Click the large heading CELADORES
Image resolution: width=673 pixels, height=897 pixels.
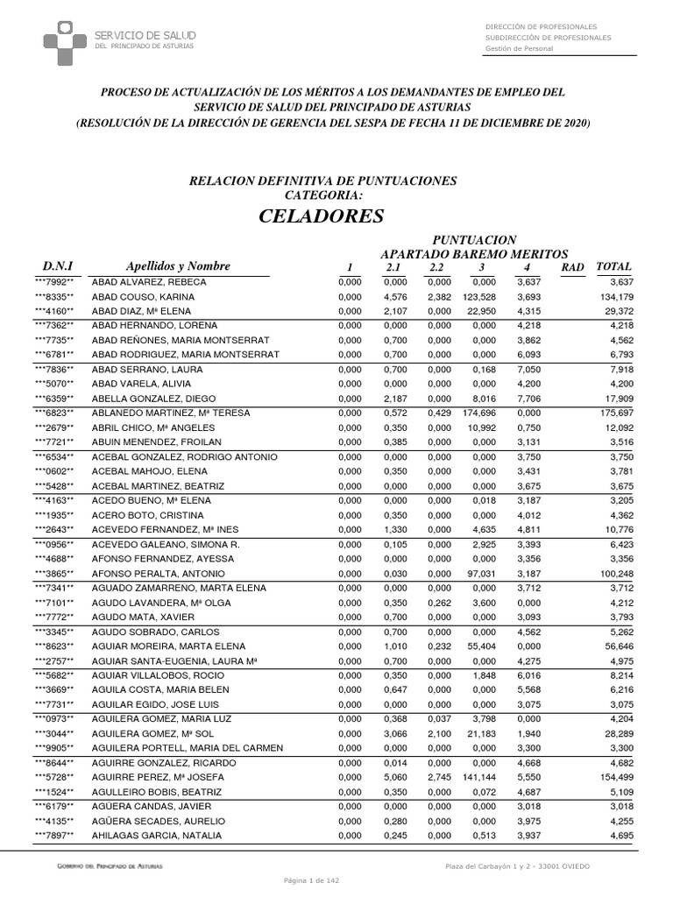(x=322, y=215)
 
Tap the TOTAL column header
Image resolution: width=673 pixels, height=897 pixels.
(x=613, y=266)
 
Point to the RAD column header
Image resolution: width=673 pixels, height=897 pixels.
(x=571, y=266)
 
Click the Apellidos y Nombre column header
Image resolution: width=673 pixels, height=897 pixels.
(x=178, y=266)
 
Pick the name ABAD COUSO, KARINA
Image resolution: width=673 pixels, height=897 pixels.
(x=143, y=297)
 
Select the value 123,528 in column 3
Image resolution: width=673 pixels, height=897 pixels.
(x=479, y=297)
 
